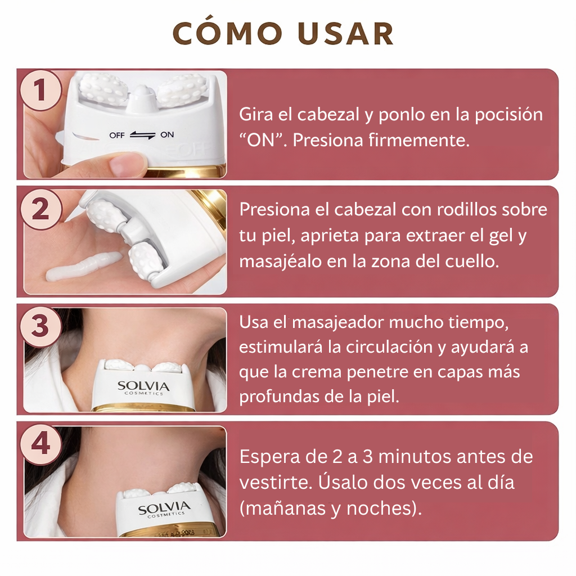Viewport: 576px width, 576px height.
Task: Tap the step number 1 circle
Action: pyautogui.click(x=40, y=91)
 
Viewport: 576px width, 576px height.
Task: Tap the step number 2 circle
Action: pyautogui.click(x=40, y=209)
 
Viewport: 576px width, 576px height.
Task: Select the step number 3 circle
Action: pyautogui.click(x=40, y=326)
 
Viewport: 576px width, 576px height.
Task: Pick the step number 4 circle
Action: pyautogui.click(x=40, y=444)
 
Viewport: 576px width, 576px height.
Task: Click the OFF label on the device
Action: pyautogui.click(x=118, y=135)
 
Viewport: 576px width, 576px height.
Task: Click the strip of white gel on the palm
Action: pyautogui.click(x=84, y=269)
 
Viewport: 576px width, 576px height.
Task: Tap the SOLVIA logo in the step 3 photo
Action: pyautogui.click(x=143, y=387)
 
